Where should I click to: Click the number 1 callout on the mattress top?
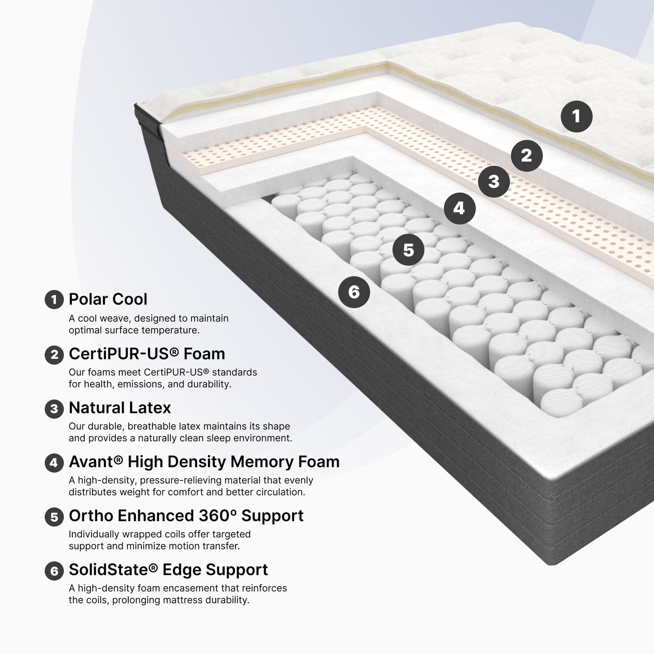576,116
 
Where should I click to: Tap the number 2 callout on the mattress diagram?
527,156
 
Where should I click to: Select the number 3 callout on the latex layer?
494,182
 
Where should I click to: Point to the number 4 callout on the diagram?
460,208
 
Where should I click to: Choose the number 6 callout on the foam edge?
354,292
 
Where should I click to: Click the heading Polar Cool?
108,299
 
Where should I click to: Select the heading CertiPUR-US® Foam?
147,354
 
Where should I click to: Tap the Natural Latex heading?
120,408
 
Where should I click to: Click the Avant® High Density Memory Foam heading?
204,462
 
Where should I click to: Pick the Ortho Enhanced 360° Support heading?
186,516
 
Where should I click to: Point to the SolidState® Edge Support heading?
168,570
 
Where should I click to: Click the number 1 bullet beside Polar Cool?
54,299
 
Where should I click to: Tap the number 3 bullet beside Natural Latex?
54,409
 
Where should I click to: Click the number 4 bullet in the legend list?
54,463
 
